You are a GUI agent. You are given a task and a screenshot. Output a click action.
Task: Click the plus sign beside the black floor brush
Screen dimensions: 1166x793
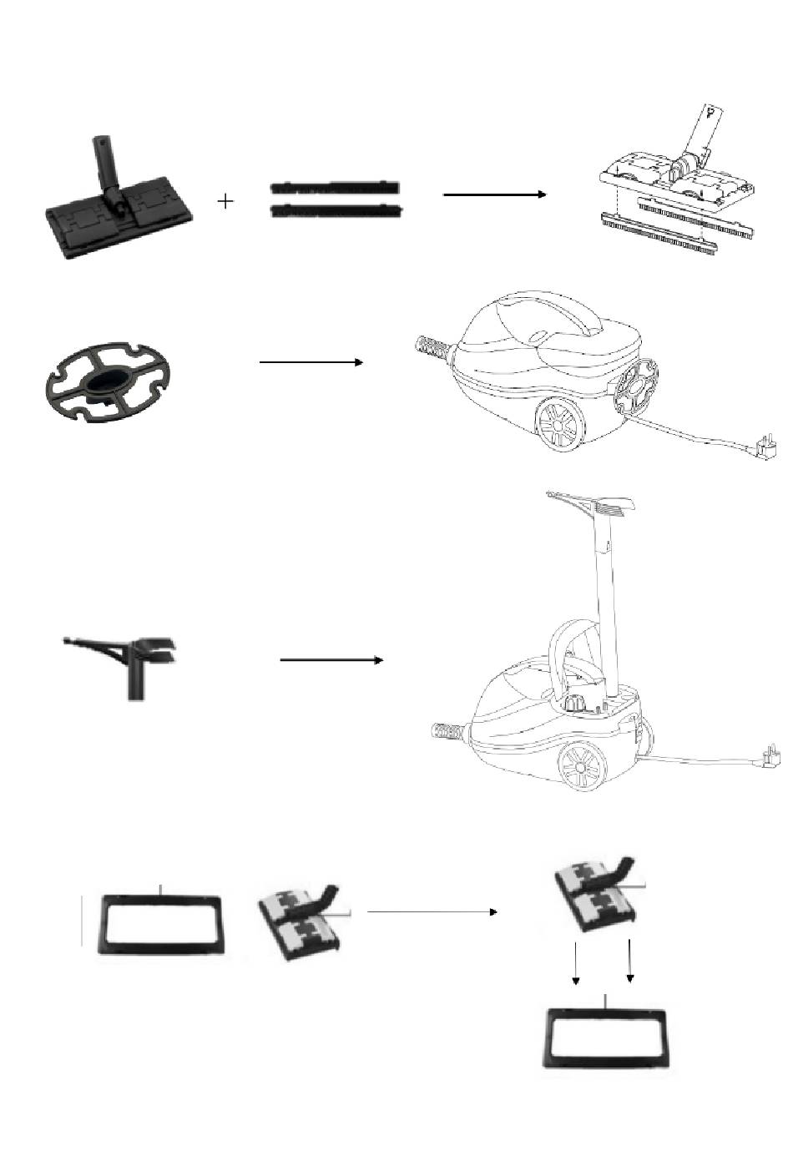pos(225,201)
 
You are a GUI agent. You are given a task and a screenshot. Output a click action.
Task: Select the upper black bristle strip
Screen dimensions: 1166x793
pos(336,187)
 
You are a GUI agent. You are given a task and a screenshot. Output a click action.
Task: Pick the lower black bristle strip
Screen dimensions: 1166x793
pos(337,209)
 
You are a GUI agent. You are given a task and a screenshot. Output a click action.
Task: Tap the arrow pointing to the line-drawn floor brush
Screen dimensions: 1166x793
pos(494,194)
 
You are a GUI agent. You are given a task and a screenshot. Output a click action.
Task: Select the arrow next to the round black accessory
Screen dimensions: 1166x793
pos(311,362)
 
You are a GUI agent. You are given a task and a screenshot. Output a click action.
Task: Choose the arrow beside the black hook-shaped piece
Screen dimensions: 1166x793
pos(331,659)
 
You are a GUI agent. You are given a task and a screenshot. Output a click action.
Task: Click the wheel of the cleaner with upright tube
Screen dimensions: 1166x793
pos(582,766)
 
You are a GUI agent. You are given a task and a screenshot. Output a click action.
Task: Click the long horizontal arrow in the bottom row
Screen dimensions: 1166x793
pos(432,912)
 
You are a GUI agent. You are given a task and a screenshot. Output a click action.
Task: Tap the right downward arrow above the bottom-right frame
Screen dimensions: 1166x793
pos(630,961)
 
